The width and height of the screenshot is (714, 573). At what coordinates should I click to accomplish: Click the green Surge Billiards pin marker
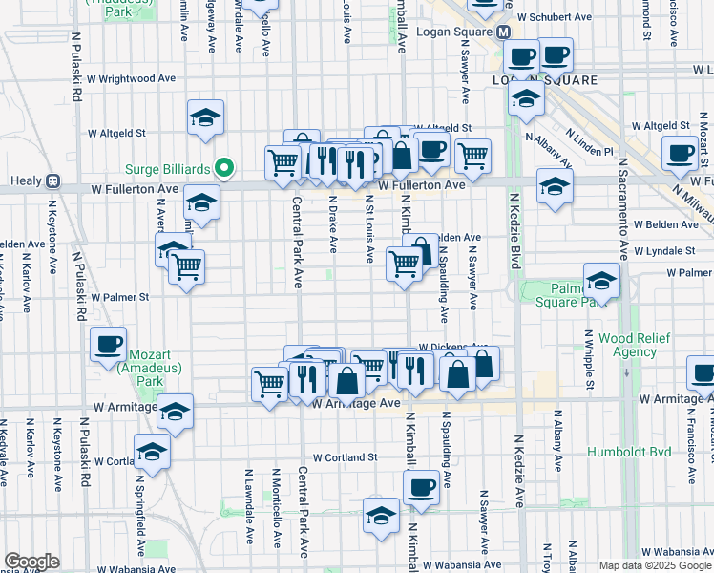pos(225,169)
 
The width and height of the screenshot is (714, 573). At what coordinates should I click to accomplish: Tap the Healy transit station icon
pos(52,181)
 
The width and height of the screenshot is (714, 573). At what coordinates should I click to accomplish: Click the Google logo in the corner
pos(31,562)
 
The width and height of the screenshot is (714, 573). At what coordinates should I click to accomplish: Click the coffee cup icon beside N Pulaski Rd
pos(109,344)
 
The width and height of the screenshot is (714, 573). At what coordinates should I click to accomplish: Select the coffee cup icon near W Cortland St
pos(420,486)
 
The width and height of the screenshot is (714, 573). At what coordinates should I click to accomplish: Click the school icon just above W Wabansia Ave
pos(381,515)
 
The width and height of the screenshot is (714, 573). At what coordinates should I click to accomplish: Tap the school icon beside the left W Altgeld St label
pos(205,117)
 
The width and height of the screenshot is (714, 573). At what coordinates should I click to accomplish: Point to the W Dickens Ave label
pos(453,348)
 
